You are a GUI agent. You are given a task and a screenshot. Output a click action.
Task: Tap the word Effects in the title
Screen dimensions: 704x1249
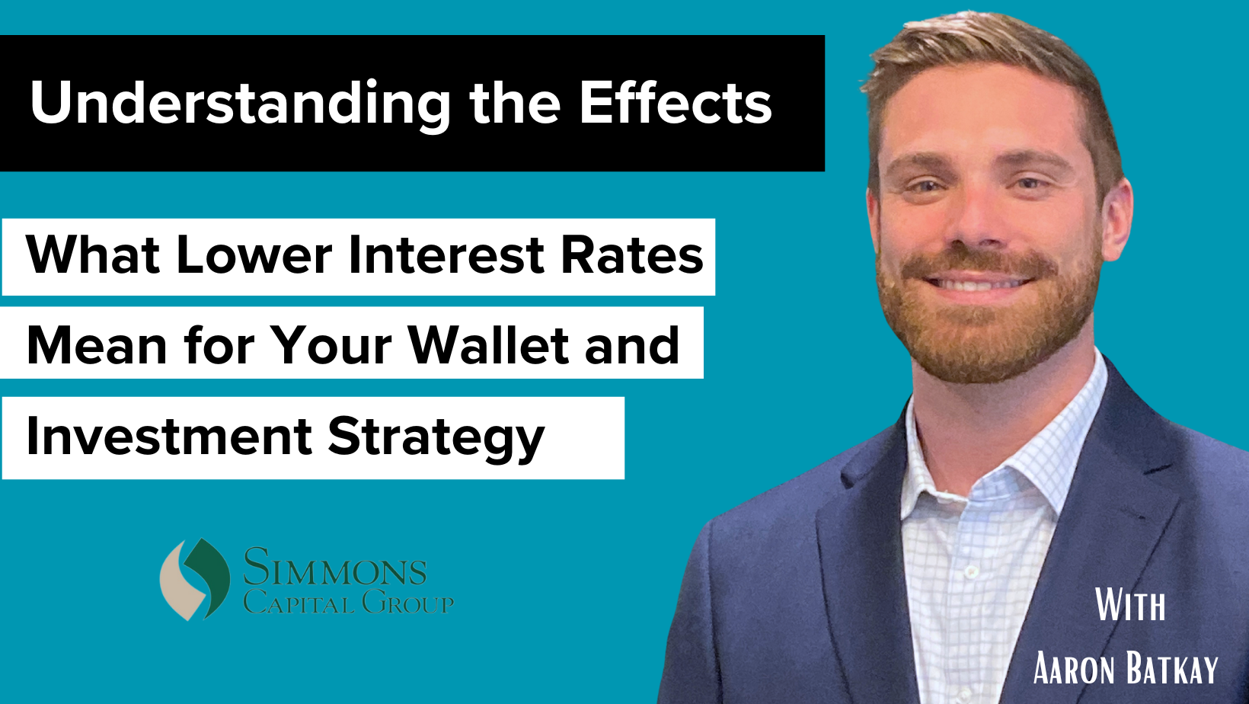676,102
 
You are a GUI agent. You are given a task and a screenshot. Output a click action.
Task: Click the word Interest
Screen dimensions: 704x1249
446,255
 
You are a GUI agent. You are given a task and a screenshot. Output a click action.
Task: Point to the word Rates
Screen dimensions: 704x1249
631,255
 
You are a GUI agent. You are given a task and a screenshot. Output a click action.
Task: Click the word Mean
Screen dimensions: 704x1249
97,345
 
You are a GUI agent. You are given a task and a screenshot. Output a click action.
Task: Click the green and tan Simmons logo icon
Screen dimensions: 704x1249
195,578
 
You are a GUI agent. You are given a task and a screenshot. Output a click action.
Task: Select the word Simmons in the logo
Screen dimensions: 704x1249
334,568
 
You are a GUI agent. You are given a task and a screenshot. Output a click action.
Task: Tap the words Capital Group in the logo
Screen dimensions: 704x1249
348,603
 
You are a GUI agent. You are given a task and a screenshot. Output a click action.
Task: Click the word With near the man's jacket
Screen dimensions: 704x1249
1130,606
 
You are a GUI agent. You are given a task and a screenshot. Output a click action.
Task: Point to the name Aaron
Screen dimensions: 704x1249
1075,669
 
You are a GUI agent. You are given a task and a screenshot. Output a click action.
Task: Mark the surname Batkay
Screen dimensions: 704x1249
1172,669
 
